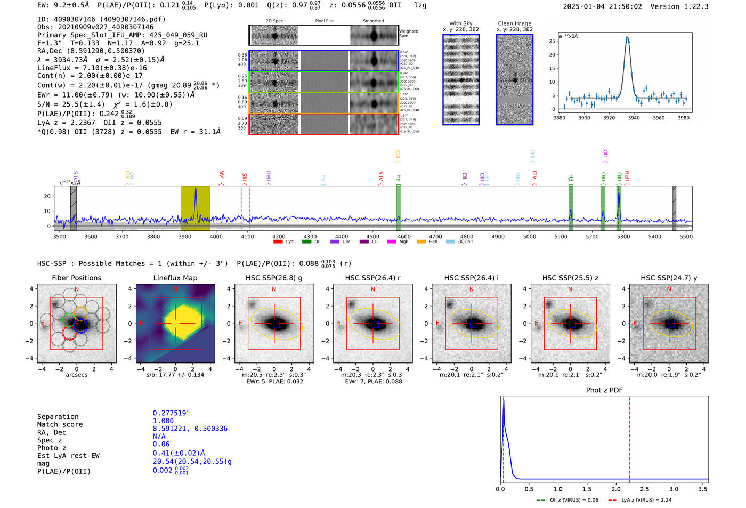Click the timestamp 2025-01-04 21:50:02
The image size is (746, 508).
coord(602,6)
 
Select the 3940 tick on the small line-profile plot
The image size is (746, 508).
coord(634,117)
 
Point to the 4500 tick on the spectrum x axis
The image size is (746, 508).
coord(373,236)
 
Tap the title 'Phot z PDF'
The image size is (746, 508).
coord(604,390)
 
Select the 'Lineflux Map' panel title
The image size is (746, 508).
coord(175,278)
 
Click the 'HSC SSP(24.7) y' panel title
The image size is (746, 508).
coord(669,278)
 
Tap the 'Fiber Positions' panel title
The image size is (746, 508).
coord(76,278)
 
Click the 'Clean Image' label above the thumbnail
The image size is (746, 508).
coord(514,23)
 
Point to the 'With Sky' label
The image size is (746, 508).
coord(460,23)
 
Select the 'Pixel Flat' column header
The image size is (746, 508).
coord(324,21)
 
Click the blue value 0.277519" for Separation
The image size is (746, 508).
coord(171,413)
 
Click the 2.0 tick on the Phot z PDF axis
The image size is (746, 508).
coord(615,489)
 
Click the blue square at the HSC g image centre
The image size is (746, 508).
coord(275,324)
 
